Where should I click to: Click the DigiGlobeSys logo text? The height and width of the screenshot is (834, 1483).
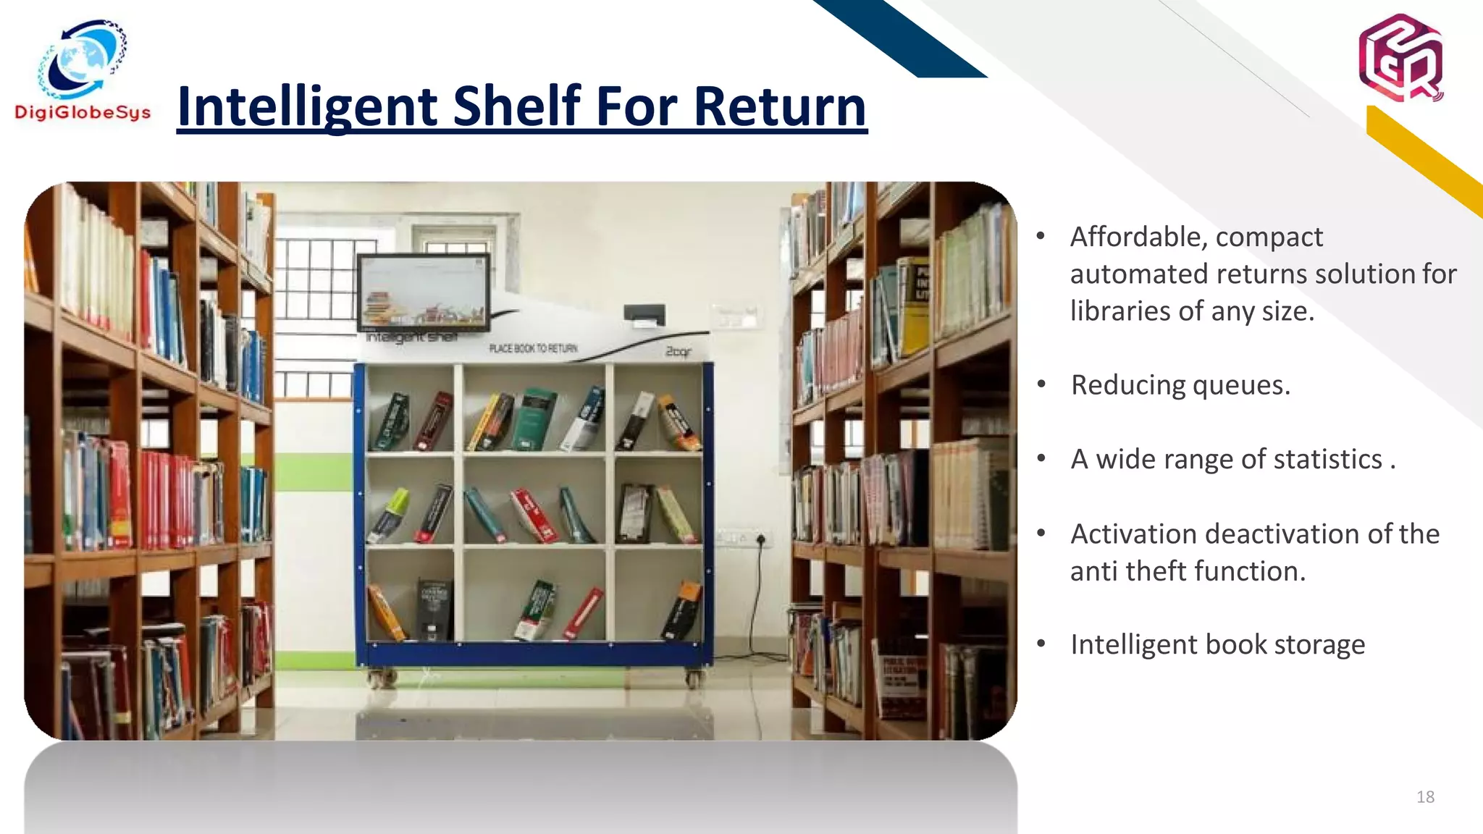tap(83, 113)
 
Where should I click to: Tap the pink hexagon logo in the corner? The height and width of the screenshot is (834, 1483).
tap(1400, 58)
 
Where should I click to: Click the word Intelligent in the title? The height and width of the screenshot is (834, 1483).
tap(307, 106)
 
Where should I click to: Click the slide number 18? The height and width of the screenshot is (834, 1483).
tap(1425, 797)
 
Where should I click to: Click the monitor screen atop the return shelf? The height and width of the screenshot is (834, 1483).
tap(423, 291)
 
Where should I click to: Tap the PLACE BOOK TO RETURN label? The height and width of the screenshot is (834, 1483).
tap(533, 348)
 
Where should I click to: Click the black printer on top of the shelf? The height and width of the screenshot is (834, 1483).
tap(644, 315)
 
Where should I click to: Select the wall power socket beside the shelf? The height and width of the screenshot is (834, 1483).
tap(760, 539)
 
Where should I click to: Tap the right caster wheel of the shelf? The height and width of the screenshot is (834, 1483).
tap(692, 679)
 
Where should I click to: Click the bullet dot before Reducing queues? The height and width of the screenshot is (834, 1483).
tap(1041, 384)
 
